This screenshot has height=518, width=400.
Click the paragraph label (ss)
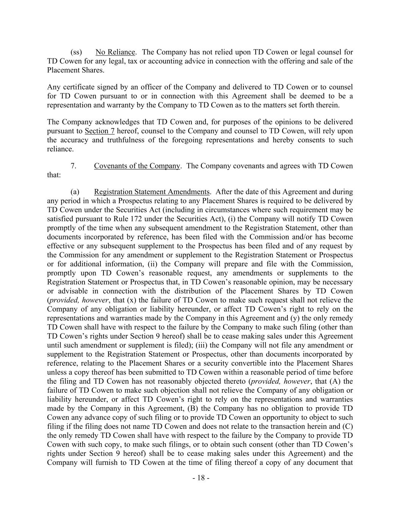point(76,52)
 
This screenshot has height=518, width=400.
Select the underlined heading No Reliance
point(115,52)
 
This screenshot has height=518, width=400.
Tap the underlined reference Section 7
point(100,131)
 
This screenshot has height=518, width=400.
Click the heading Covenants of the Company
point(137,166)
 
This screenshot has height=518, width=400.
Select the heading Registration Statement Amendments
point(152,192)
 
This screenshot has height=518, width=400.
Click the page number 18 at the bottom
point(201,478)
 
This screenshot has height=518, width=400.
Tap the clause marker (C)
point(348,427)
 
